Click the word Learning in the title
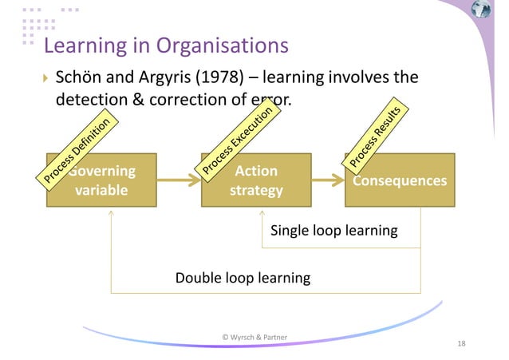[82, 45]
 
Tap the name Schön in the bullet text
[82, 78]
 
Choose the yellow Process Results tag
[378, 136]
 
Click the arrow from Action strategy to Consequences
[328, 181]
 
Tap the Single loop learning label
[333, 231]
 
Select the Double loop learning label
[243, 278]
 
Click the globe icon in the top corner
[481, 10]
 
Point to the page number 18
[461, 343]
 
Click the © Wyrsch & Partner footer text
[254, 337]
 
